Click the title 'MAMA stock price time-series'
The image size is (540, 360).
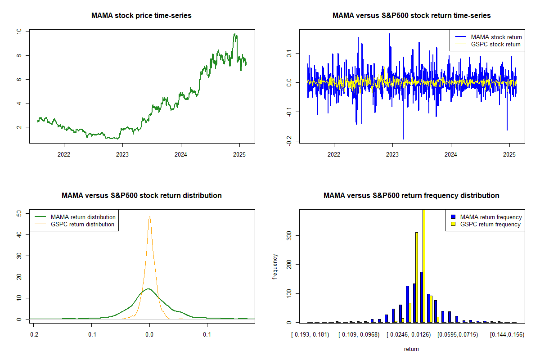pyautogui.click(x=141, y=16)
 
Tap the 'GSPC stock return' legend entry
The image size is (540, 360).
pyautogui.click(x=495, y=44)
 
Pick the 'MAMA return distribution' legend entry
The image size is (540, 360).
pyautogui.click(x=83, y=217)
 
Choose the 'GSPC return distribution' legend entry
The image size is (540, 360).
pyautogui.click(x=82, y=224)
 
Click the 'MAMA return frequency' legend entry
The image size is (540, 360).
pyautogui.click(x=490, y=217)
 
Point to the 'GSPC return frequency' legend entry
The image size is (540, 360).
pyautogui.click(x=490, y=224)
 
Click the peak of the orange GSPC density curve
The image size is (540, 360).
pyautogui.click(x=149, y=217)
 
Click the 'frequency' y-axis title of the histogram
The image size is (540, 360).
pyautogui.click(x=275, y=266)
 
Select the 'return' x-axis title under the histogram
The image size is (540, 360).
pyautogui.click(x=411, y=349)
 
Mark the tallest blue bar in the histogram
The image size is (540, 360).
pyautogui.click(x=421, y=297)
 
